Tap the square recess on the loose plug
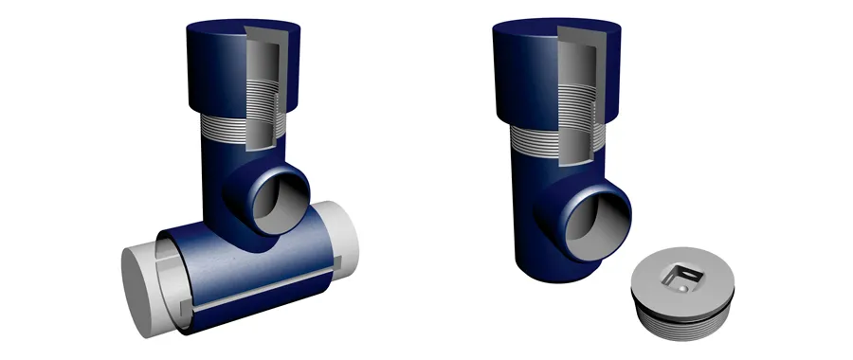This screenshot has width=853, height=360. [x=681, y=278]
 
